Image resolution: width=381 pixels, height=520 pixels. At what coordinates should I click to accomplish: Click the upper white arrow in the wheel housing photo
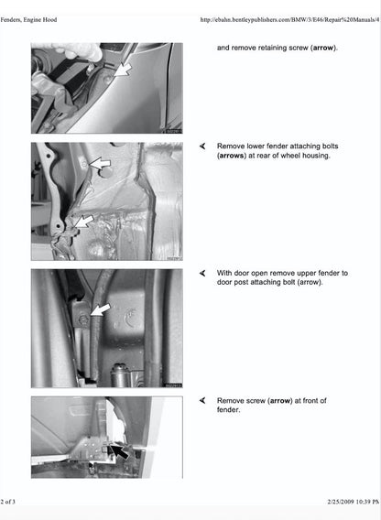tap(98, 167)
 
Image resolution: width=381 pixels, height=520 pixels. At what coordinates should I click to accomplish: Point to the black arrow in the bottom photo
tap(119, 450)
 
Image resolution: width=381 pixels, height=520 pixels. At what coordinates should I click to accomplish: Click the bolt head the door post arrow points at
tap(84, 322)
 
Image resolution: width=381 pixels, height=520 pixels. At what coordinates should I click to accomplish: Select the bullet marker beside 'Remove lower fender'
tap(202, 146)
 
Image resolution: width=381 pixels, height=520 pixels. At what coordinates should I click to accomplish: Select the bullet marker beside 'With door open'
tap(202, 273)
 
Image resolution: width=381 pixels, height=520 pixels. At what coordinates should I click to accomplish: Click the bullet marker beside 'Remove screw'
tap(202, 400)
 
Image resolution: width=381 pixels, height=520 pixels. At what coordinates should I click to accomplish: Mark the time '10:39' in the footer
tap(361, 502)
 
